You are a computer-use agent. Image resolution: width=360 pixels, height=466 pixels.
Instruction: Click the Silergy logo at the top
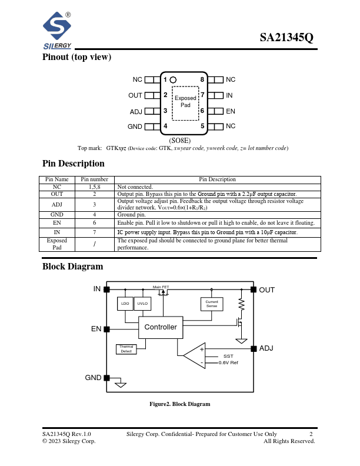57,31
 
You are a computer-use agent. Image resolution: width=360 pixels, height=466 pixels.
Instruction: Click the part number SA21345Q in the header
286,38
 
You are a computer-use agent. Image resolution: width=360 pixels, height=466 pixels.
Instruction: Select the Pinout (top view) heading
76,57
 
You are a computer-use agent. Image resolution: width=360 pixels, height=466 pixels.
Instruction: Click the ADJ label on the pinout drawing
135,111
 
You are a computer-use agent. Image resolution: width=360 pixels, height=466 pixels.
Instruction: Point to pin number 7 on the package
202,95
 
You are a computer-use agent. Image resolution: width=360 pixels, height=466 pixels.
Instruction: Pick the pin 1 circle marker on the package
173,79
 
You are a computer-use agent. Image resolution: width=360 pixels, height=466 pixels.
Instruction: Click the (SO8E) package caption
179,141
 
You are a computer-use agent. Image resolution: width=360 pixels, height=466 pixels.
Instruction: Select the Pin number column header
94,179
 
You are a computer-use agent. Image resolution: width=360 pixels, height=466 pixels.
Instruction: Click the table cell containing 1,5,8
94,187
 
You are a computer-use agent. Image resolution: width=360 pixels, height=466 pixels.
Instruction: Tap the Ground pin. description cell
132,215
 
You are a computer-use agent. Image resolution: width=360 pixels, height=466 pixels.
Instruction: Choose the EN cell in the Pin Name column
57,223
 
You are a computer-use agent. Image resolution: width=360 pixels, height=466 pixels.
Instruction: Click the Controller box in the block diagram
161,327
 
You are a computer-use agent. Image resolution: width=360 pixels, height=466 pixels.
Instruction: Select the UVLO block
142,304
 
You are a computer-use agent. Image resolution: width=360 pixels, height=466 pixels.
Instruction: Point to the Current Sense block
212,304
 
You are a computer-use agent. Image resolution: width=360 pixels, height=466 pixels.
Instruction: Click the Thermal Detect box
126,349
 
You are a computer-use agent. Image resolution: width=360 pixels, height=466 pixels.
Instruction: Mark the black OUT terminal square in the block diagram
254,289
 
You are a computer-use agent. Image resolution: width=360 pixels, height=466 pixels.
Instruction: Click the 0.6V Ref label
228,363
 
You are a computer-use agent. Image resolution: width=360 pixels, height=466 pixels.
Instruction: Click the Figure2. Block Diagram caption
179,404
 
